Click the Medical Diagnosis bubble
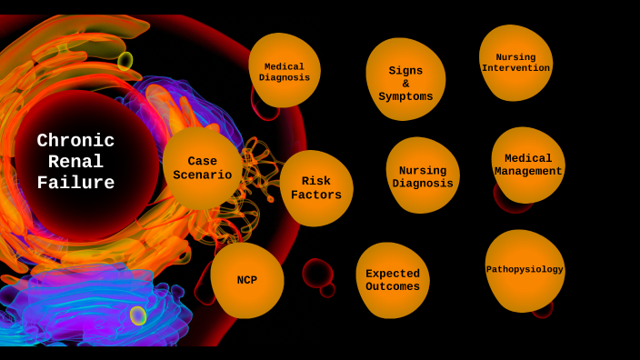click(285, 71)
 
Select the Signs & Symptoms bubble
click(405, 80)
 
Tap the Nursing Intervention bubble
click(515, 62)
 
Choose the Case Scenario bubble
click(202, 169)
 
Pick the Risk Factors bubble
click(316, 188)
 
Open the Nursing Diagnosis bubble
click(423, 175)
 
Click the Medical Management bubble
click(528, 165)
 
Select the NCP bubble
click(247, 280)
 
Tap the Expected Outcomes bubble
click(393, 280)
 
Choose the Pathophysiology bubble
click(525, 270)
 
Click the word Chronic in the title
click(75, 141)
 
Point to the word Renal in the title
click(75, 162)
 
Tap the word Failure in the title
click(75, 183)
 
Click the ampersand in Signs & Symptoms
click(405, 84)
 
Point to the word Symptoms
click(405, 96)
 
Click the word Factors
click(316, 195)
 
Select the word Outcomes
click(393, 286)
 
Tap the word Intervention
click(515, 68)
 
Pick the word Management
click(528, 171)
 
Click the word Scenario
click(202, 175)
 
